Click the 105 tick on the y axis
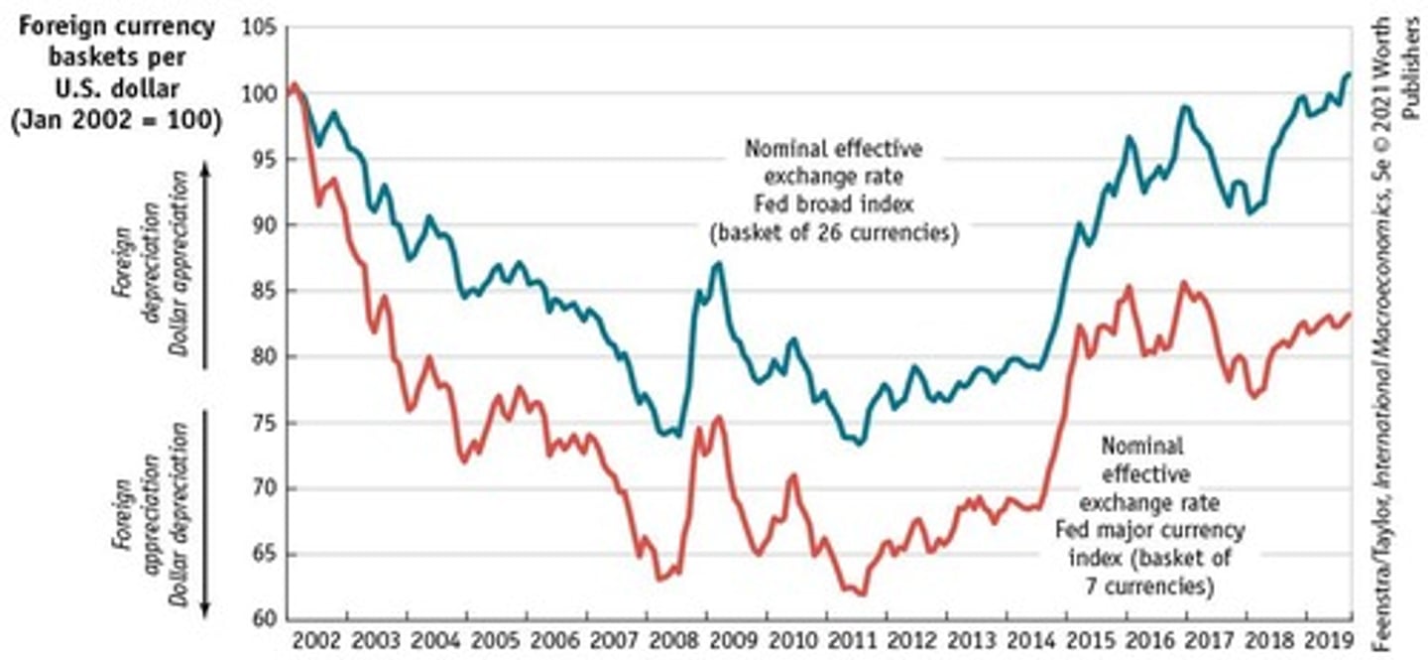257,27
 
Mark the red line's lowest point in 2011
861,594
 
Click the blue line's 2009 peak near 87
717,263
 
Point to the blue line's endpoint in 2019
1349,73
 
